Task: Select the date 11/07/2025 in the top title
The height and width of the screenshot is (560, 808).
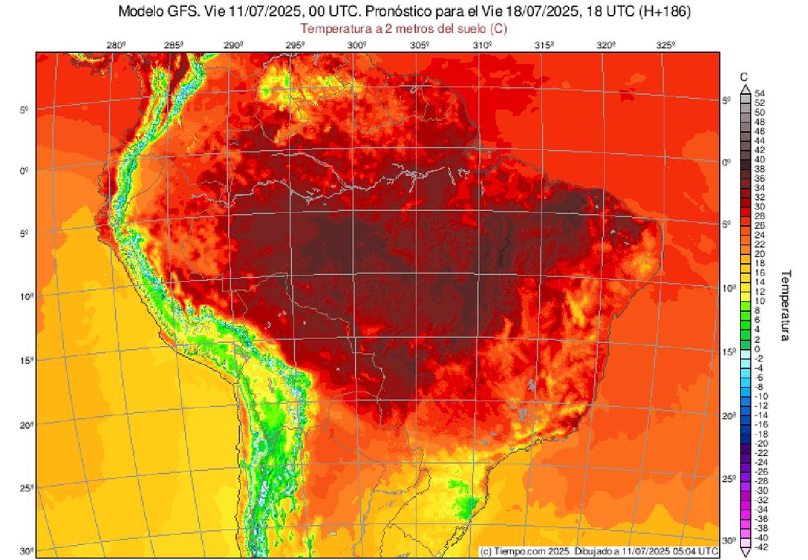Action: [251, 13]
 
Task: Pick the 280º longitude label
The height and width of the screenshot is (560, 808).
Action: [116, 45]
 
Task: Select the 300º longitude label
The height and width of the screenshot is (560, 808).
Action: [357, 45]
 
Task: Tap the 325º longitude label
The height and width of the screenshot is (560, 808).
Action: [665, 45]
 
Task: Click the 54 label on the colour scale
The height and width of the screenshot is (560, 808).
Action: [760, 93]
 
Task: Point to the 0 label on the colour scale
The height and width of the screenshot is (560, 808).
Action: [757, 348]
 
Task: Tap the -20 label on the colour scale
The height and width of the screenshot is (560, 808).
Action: [761, 444]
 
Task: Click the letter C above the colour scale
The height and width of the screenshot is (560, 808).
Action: [743, 77]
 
